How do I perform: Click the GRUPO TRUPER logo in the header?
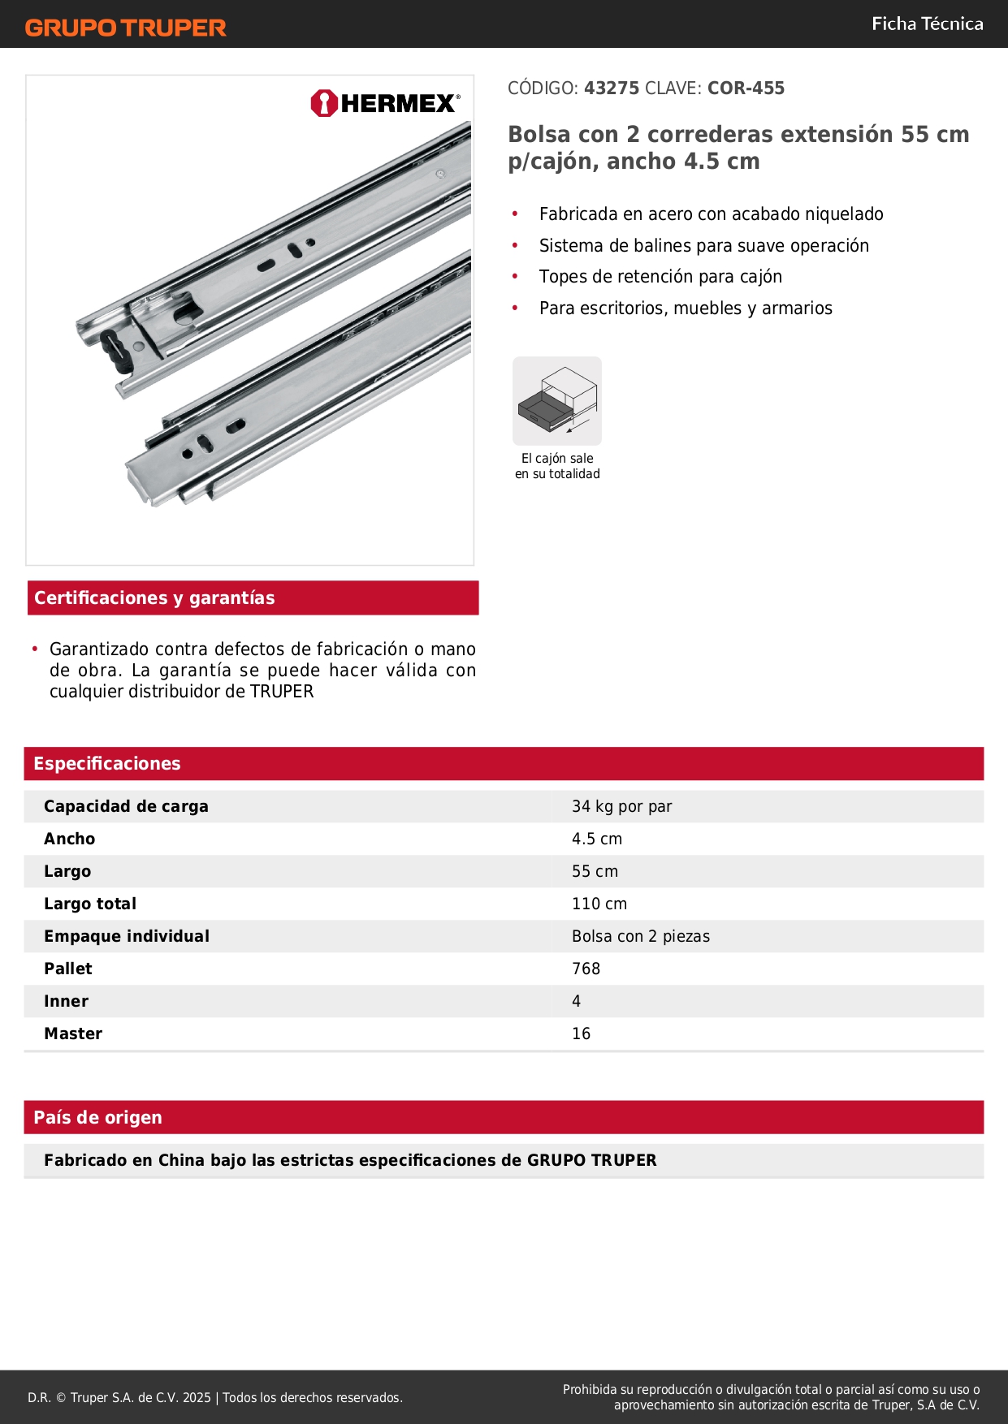pyautogui.click(x=126, y=28)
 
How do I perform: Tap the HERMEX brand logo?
pyautogui.click(x=385, y=103)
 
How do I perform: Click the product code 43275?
pyautogui.click(x=612, y=88)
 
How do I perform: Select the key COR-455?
pyautogui.click(x=746, y=88)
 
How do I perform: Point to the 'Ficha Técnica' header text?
pyautogui.click(x=927, y=24)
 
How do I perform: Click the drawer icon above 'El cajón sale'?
pyautogui.click(x=557, y=401)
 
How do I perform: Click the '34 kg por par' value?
pyautogui.click(x=621, y=806)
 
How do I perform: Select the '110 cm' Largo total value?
pyautogui.click(x=599, y=904)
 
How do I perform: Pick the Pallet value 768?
pyautogui.click(x=586, y=969)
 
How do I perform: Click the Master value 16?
pyautogui.click(x=581, y=1033)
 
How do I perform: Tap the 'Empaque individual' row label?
pyautogui.click(x=127, y=936)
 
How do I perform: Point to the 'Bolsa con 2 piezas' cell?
pyautogui.click(x=641, y=936)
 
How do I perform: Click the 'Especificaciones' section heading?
pyautogui.click(x=107, y=763)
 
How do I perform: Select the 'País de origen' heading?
pyautogui.click(x=97, y=1117)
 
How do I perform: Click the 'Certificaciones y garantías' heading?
pyautogui.click(x=154, y=598)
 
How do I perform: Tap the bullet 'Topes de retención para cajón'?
pyautogui.click(x=660, y=277)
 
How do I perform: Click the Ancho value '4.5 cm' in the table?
pyautogui.click(x=597, y=839)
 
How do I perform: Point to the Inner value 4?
pyautogui.click(x=576, y=1001)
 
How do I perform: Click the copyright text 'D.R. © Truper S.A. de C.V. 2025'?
pyautogui.click(x=119, y=1397)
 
